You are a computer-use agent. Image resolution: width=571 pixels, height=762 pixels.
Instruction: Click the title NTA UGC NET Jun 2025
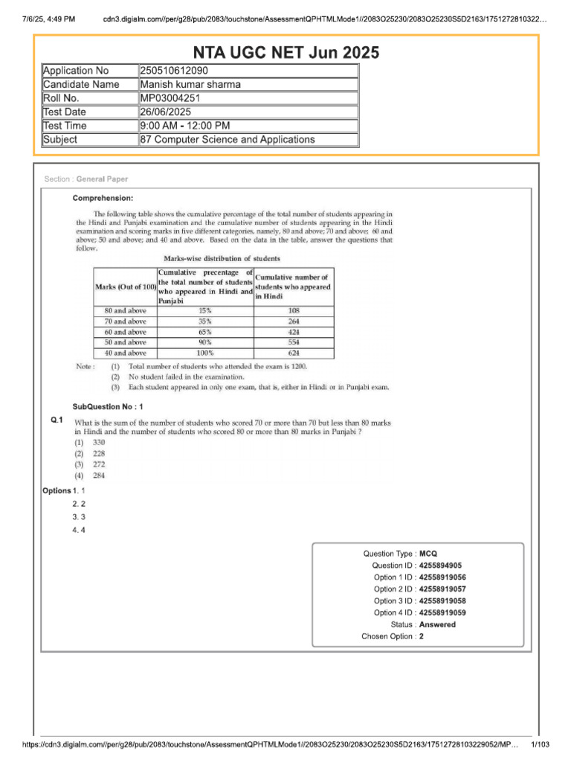(286, 52)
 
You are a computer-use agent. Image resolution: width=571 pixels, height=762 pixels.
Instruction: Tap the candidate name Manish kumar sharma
(190, 84)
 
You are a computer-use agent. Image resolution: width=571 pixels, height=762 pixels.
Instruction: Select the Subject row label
(60, 139)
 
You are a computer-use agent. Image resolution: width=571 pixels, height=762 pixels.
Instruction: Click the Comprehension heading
(103, 198)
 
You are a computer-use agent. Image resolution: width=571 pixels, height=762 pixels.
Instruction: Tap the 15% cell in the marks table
(204, 310)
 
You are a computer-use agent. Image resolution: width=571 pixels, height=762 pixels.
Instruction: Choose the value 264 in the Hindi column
(293, 321)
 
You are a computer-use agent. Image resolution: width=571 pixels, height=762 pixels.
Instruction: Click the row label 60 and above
(125, 332)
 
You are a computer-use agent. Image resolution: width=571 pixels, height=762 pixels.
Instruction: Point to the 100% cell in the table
(204, 353)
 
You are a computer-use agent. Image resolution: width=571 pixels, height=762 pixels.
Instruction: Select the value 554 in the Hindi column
(293, 342)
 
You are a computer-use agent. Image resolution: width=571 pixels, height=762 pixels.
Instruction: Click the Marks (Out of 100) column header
(125, 286)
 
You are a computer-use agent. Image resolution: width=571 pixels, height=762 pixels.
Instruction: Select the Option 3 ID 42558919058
(442, 601)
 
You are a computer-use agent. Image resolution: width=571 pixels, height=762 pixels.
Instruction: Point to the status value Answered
(437, 625)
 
